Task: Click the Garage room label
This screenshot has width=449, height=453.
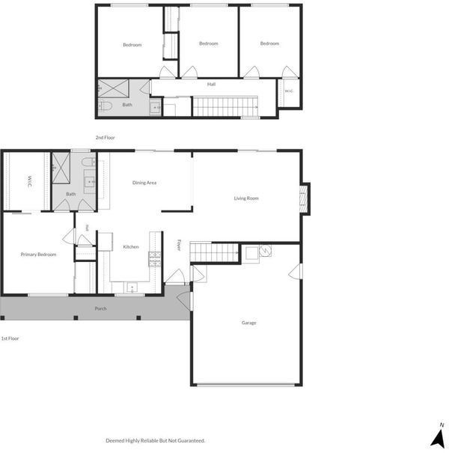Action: pyautogui.click(x=249, y=323)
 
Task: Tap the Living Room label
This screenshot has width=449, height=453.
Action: pyautogui.click(x=246, y=198)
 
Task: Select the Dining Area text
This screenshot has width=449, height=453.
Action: pyautogui.click(x=144, y=183)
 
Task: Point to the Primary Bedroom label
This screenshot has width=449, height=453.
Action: pyautogui.click(x=38, y=255)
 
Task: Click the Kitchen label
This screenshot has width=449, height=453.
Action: pyautogui.click(x=131, y=247)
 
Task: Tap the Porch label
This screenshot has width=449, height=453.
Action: pyautogui.click(x=101, y=308)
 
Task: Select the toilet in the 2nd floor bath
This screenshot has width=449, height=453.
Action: pyautogui.click(x=105, y=106)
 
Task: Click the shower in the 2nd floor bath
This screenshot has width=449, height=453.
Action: pyautogui.click(x=113, y=88)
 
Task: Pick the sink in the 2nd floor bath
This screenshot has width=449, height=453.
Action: pyautogui.click(x=156, y=107)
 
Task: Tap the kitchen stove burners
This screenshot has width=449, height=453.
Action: pyautogui.click(x=154, y=259)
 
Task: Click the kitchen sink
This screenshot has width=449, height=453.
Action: pyautogui.click(x=132, y=288)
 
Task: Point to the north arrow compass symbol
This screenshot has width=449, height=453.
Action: pyautogui.click(x=439, y=439)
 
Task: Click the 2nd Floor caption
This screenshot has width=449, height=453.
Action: pyautogui.click(x=105, y=138)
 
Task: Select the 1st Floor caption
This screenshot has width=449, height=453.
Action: pyautogui.click(x=10, y=338)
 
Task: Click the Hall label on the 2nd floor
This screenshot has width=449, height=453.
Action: pyautogui.click(x=211, y=85)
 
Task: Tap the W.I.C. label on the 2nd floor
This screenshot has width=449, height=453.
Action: pyautogui.click(x=289, y=91)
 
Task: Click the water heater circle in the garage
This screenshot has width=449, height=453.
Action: pyautogui.click(x=266, y=251)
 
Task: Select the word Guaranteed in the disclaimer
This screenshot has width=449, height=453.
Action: pyautogui.click(x=191, y=440)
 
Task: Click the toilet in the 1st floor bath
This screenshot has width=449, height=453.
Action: pyautogui.click(x=88, y=162)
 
